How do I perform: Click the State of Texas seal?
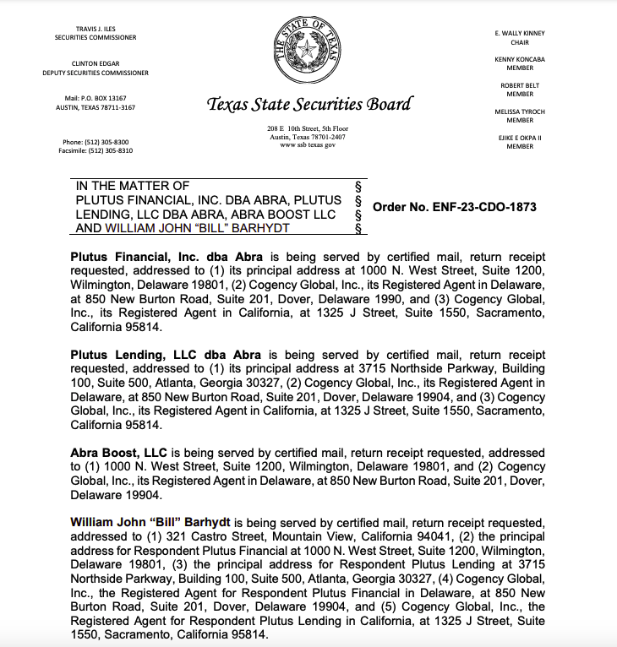click(308, 50)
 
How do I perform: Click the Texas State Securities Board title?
click(309, 105)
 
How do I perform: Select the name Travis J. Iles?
click(96, 30)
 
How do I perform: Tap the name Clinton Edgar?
click(96, 64)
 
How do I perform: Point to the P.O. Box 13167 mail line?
click(96, 99)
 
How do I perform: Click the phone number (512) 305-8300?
click(96, 142)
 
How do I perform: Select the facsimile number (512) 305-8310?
click(96, 150)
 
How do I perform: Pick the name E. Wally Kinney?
click(520, 33)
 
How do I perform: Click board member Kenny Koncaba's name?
click(520, 59)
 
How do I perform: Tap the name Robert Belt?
click(520, 85)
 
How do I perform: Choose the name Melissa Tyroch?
click(520, 111)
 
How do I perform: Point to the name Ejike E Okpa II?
click(520, 138)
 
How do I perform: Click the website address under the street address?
click(308, 144)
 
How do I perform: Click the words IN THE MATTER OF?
click(133, 186)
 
